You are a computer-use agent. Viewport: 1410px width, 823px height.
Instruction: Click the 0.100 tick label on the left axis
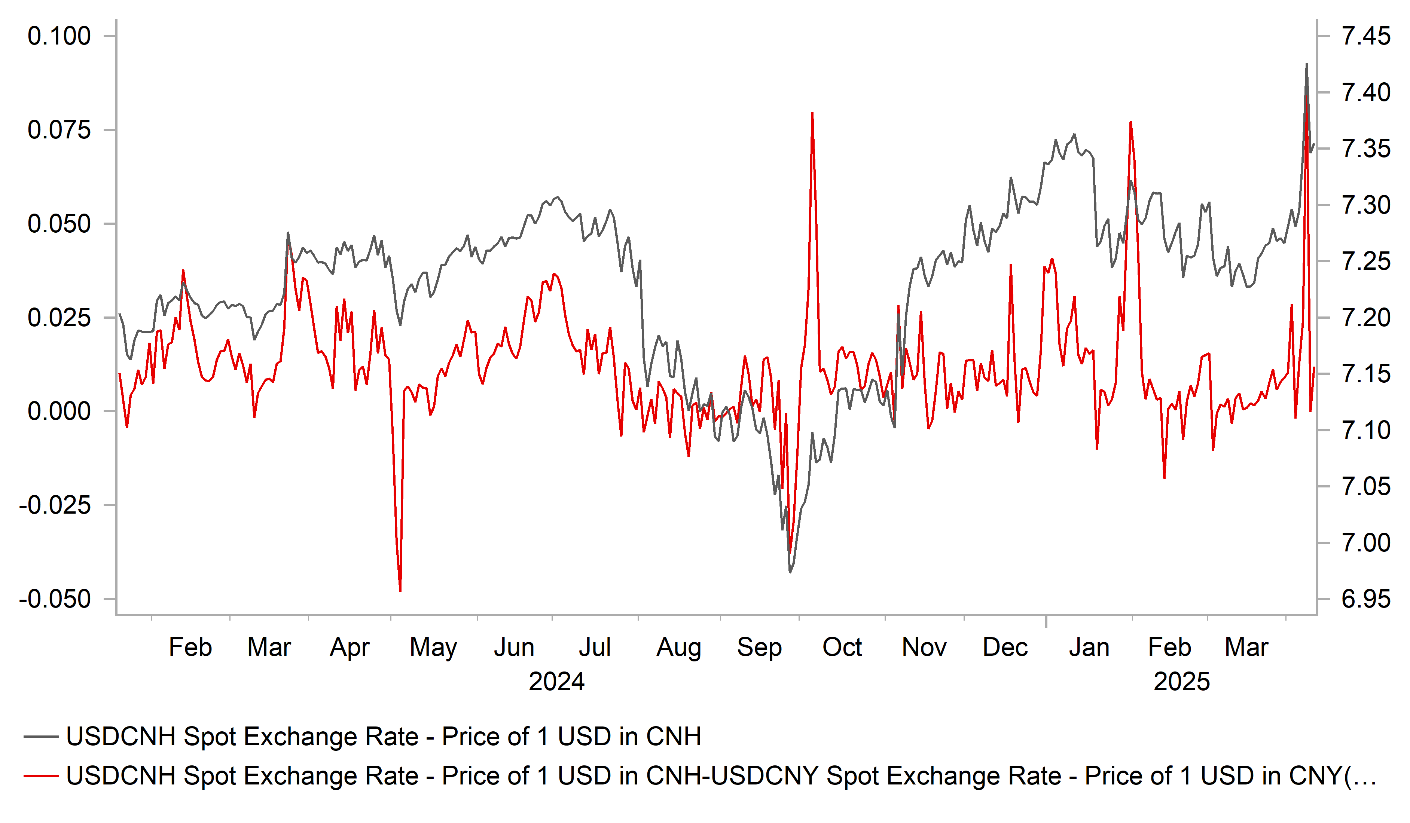click(x=59, y=36)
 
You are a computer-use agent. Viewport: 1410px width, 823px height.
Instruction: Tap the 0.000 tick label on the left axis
click(x=59, y=412)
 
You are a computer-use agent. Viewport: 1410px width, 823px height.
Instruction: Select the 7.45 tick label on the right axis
click(x=1366, y=36)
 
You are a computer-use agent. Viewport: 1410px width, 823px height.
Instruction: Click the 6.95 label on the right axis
click(x=1366, y=599)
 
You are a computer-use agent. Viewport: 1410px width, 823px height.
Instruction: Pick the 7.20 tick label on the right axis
click(x=1366, y=318)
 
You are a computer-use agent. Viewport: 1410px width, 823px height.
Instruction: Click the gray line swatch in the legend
click(x=41, y=737)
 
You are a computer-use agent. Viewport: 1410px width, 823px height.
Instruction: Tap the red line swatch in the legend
click(x=41, y=776)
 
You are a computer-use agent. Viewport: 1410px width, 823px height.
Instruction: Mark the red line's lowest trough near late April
click(x=400, y=591)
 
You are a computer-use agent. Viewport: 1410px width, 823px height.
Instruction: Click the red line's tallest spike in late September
click(x=812, y=114)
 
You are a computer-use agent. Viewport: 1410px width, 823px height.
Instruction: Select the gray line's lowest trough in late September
click(x=790, y=572)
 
